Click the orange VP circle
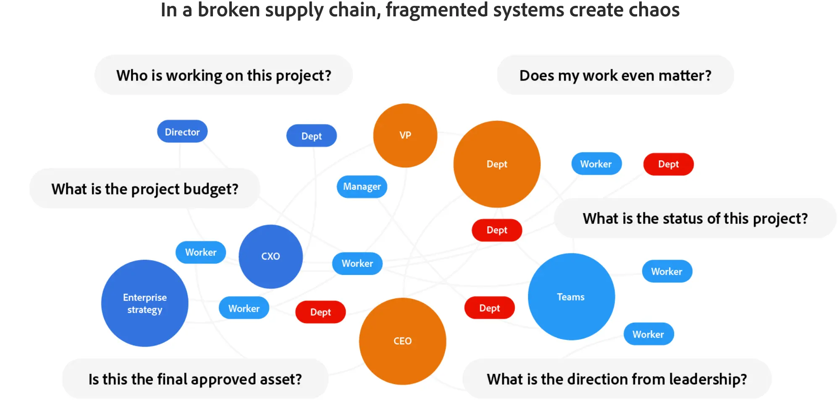pyautogui.click(x=405, y=135)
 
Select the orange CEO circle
pyautogui.click(x=402, y=341)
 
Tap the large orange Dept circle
pyautogui.click(x=497, y=164)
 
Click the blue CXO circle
pyautogui.click(x=270, y=256)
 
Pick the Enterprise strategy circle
pyautogui.click(x=144, y=303)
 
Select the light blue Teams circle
pyautogui.click(x=571, y=297)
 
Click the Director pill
pyautogui.click(x=182, y=132)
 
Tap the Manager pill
pyautogui.click(x=362, y=186)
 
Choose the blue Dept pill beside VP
pyautogui.click(x=311, y=136)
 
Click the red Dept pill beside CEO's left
pyautogui.click(x=320, y=312)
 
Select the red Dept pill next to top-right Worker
pyautogui.click(x=668, y=164)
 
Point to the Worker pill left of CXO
pyautogui.click(x=201, y=252)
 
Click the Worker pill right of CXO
pyautogui.click(x=357, y=264)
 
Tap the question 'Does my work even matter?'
pyautogui.click(x=615, y=76)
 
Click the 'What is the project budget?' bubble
pyautogui.click(x=145, y=189)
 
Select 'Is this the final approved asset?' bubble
pyautogui.click(x=195, y=379)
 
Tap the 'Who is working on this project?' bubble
pyautogui.click(x=223, y=76)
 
